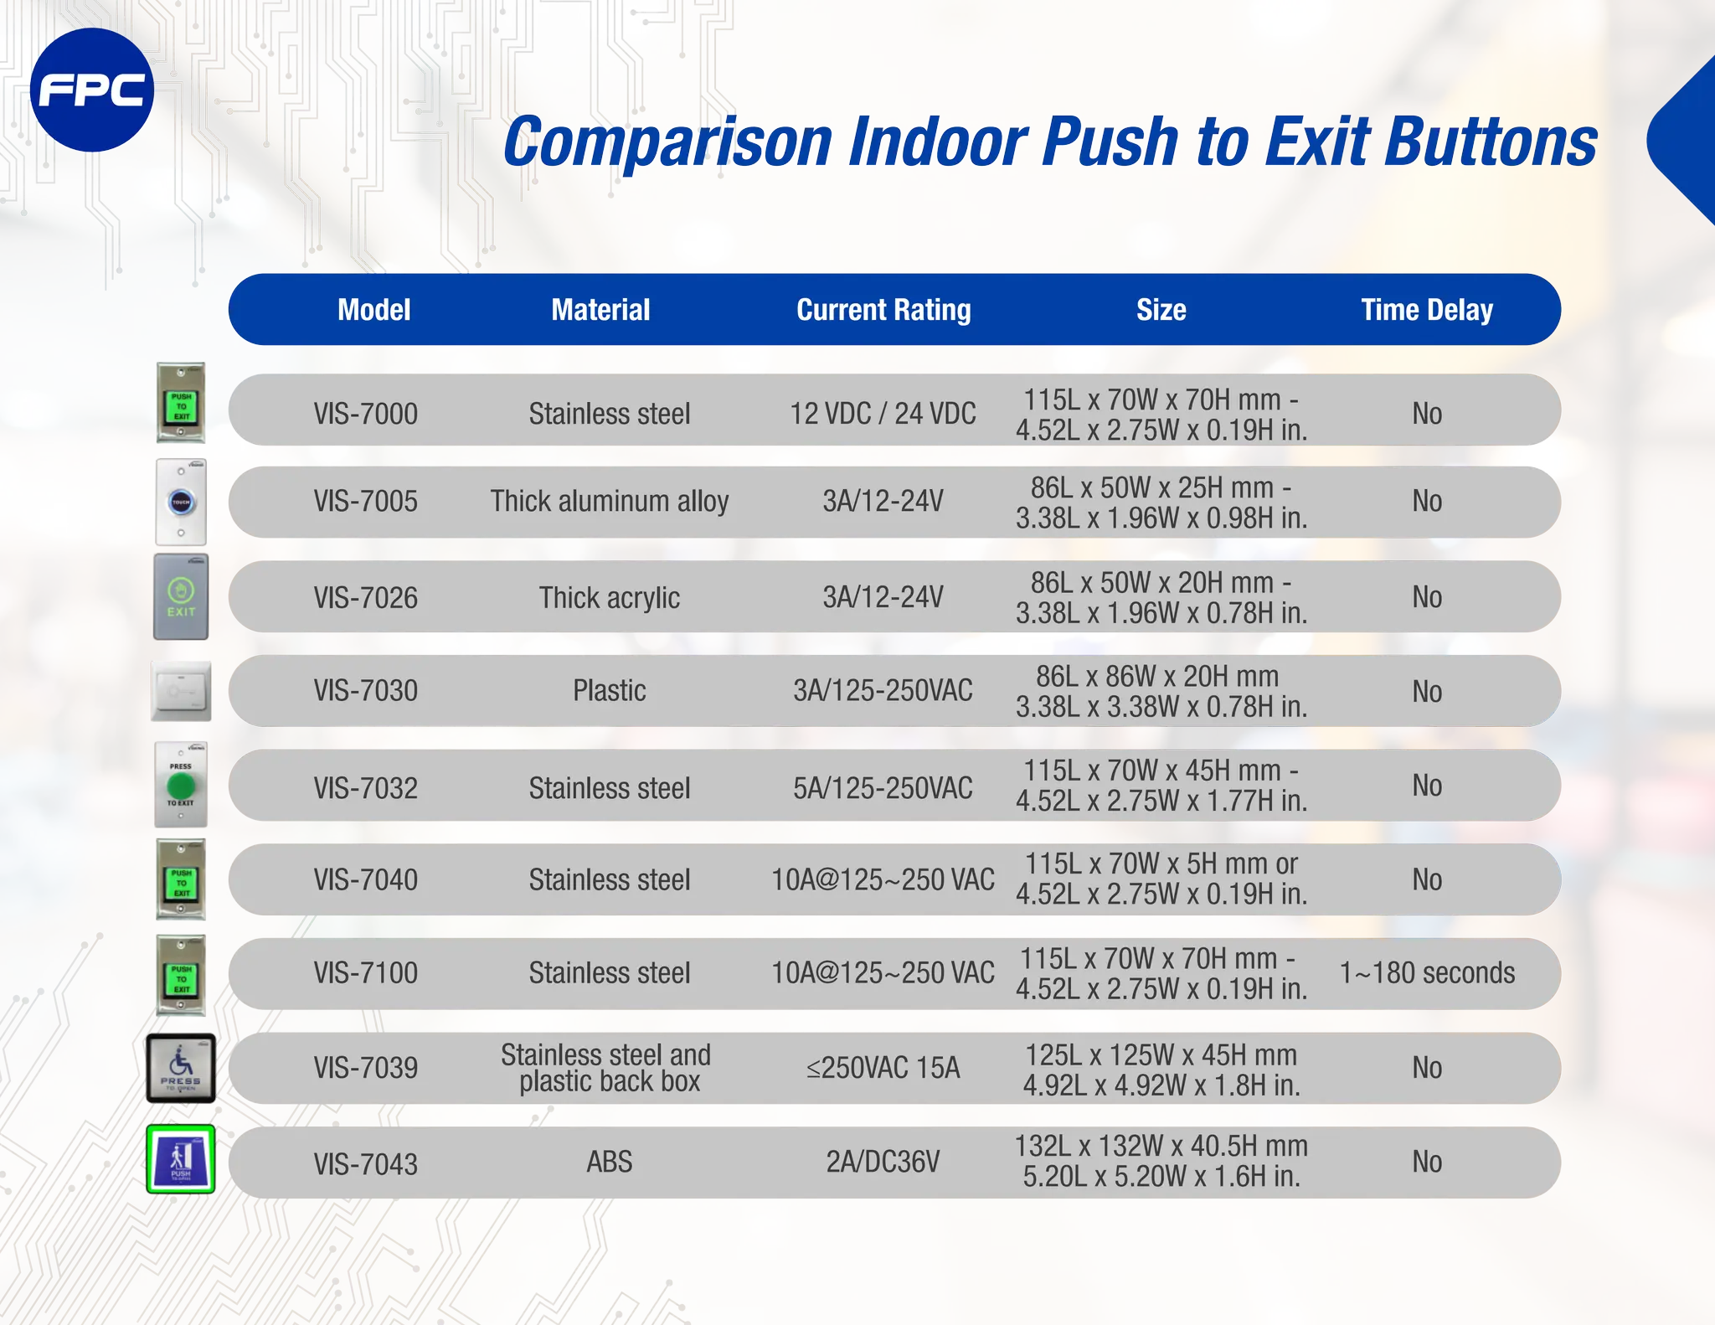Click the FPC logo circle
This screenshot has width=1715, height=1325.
point(92,90)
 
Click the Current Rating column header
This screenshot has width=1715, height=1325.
point(883,310)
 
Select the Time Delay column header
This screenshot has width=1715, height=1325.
point(1426,310)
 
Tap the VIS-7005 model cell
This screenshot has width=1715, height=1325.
point(365,502)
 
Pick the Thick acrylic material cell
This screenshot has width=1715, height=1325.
point(609,598)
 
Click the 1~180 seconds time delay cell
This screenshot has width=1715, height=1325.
point(1427,973)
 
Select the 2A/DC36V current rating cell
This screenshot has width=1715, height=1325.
point(883,1163)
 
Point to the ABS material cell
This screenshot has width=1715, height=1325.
point(609,1163)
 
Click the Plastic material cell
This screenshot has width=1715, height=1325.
point(609,691)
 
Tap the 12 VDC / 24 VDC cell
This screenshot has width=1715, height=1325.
point(883,414)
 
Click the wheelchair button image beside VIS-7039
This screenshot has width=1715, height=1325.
point(181,1068)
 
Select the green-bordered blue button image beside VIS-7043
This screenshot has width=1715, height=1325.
point(181,1159)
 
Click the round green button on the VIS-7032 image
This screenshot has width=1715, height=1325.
point(181,786)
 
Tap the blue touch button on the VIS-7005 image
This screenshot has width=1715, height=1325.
point(181,503)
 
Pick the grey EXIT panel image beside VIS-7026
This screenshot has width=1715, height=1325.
point(181,597)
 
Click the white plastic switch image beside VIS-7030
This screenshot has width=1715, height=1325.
point(181,691)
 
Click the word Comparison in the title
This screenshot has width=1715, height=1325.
point(667,142)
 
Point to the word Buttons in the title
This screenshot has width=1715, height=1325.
point(1491,142)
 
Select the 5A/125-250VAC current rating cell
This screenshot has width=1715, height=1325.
point(883,788)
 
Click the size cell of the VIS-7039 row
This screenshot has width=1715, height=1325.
point(1161,1070)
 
